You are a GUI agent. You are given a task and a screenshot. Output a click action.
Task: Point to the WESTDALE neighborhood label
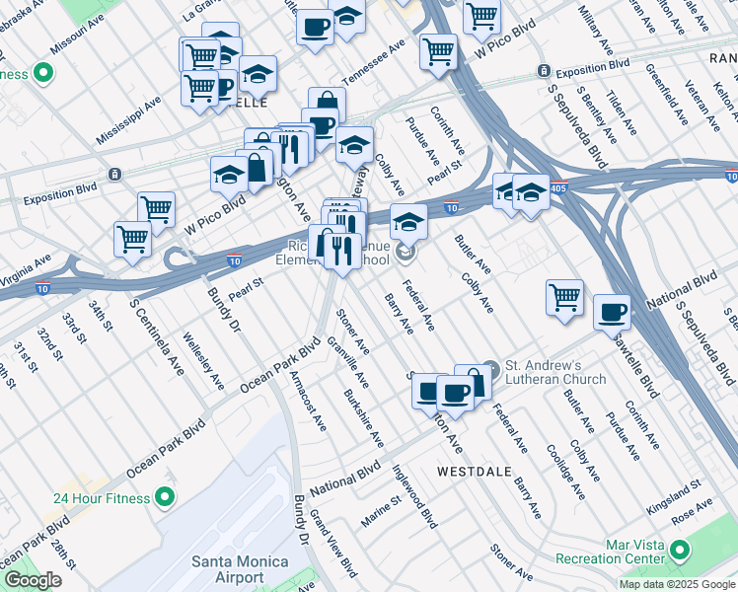tap(476, 472)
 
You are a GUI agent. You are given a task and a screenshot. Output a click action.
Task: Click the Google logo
tap(33, 580)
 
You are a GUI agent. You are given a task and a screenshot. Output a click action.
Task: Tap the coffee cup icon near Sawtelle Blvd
tap(612, 312)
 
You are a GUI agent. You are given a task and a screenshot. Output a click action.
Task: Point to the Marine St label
tap(381, 511)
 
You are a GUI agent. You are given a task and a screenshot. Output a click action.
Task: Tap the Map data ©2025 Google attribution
tap(676, 584)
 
